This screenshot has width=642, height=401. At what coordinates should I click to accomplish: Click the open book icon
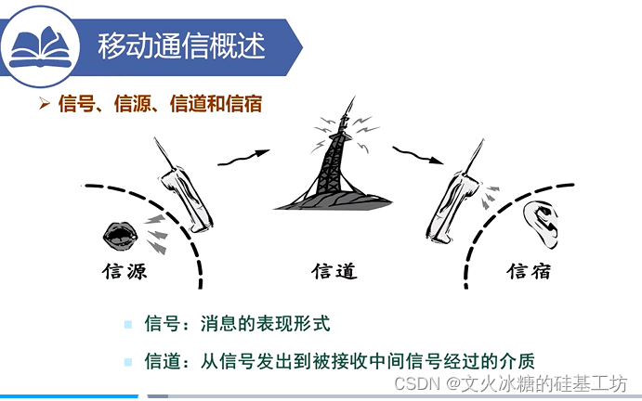tap(40, 47)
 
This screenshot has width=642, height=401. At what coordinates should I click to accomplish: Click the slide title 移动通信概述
tap(182, 46)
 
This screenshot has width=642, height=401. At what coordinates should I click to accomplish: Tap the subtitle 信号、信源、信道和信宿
tap(160, 103)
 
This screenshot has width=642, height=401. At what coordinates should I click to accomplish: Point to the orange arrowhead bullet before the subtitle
tap(45, 103)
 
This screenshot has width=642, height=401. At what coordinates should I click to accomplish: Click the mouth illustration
tap(121, 236)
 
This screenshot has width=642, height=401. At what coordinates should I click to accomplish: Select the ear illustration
tap(542, 225)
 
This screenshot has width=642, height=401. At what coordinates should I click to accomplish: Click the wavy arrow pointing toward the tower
tap(243, 158)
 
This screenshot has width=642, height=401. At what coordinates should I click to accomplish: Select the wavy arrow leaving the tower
tap(418, 155)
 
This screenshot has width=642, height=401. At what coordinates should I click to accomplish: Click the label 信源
tap(124, 271)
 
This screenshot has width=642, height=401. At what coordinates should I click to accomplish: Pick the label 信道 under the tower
tap(334, 271)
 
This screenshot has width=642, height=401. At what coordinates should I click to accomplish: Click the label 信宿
tap(529, 271)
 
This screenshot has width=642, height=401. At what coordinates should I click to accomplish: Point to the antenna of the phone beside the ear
tap(475, 156)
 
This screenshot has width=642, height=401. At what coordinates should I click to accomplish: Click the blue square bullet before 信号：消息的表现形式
tap(127, 325)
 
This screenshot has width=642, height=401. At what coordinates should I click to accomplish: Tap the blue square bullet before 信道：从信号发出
tap(127, 362)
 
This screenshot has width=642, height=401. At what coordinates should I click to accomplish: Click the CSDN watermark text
tap(511, 383)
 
